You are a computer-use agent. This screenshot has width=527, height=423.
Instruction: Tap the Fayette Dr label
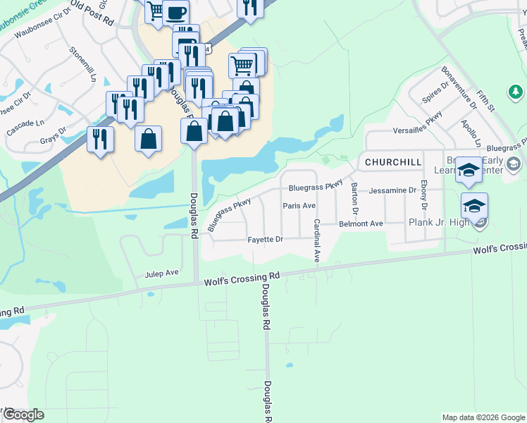(x=265, y=240)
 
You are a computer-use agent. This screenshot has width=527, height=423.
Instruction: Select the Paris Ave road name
(x=299, y=206)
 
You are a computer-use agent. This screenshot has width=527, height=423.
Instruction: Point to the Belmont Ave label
(x=361, y=223)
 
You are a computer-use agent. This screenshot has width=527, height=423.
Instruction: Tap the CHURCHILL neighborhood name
(x=393, y=162)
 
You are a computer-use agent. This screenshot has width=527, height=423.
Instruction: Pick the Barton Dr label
(x=354, y=199)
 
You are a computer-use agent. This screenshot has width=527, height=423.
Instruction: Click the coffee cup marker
(x=175, y=12)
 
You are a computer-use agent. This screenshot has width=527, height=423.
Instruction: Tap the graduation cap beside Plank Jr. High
(x=475, y=205)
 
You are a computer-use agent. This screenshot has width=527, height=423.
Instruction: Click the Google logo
(x=23, y=415)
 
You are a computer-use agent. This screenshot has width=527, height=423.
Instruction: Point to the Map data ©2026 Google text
(x=483, y=417)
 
